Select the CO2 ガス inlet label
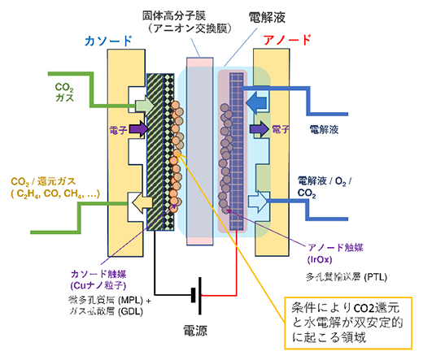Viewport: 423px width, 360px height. point(64,92)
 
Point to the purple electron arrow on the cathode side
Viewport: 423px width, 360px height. point(134,128)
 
